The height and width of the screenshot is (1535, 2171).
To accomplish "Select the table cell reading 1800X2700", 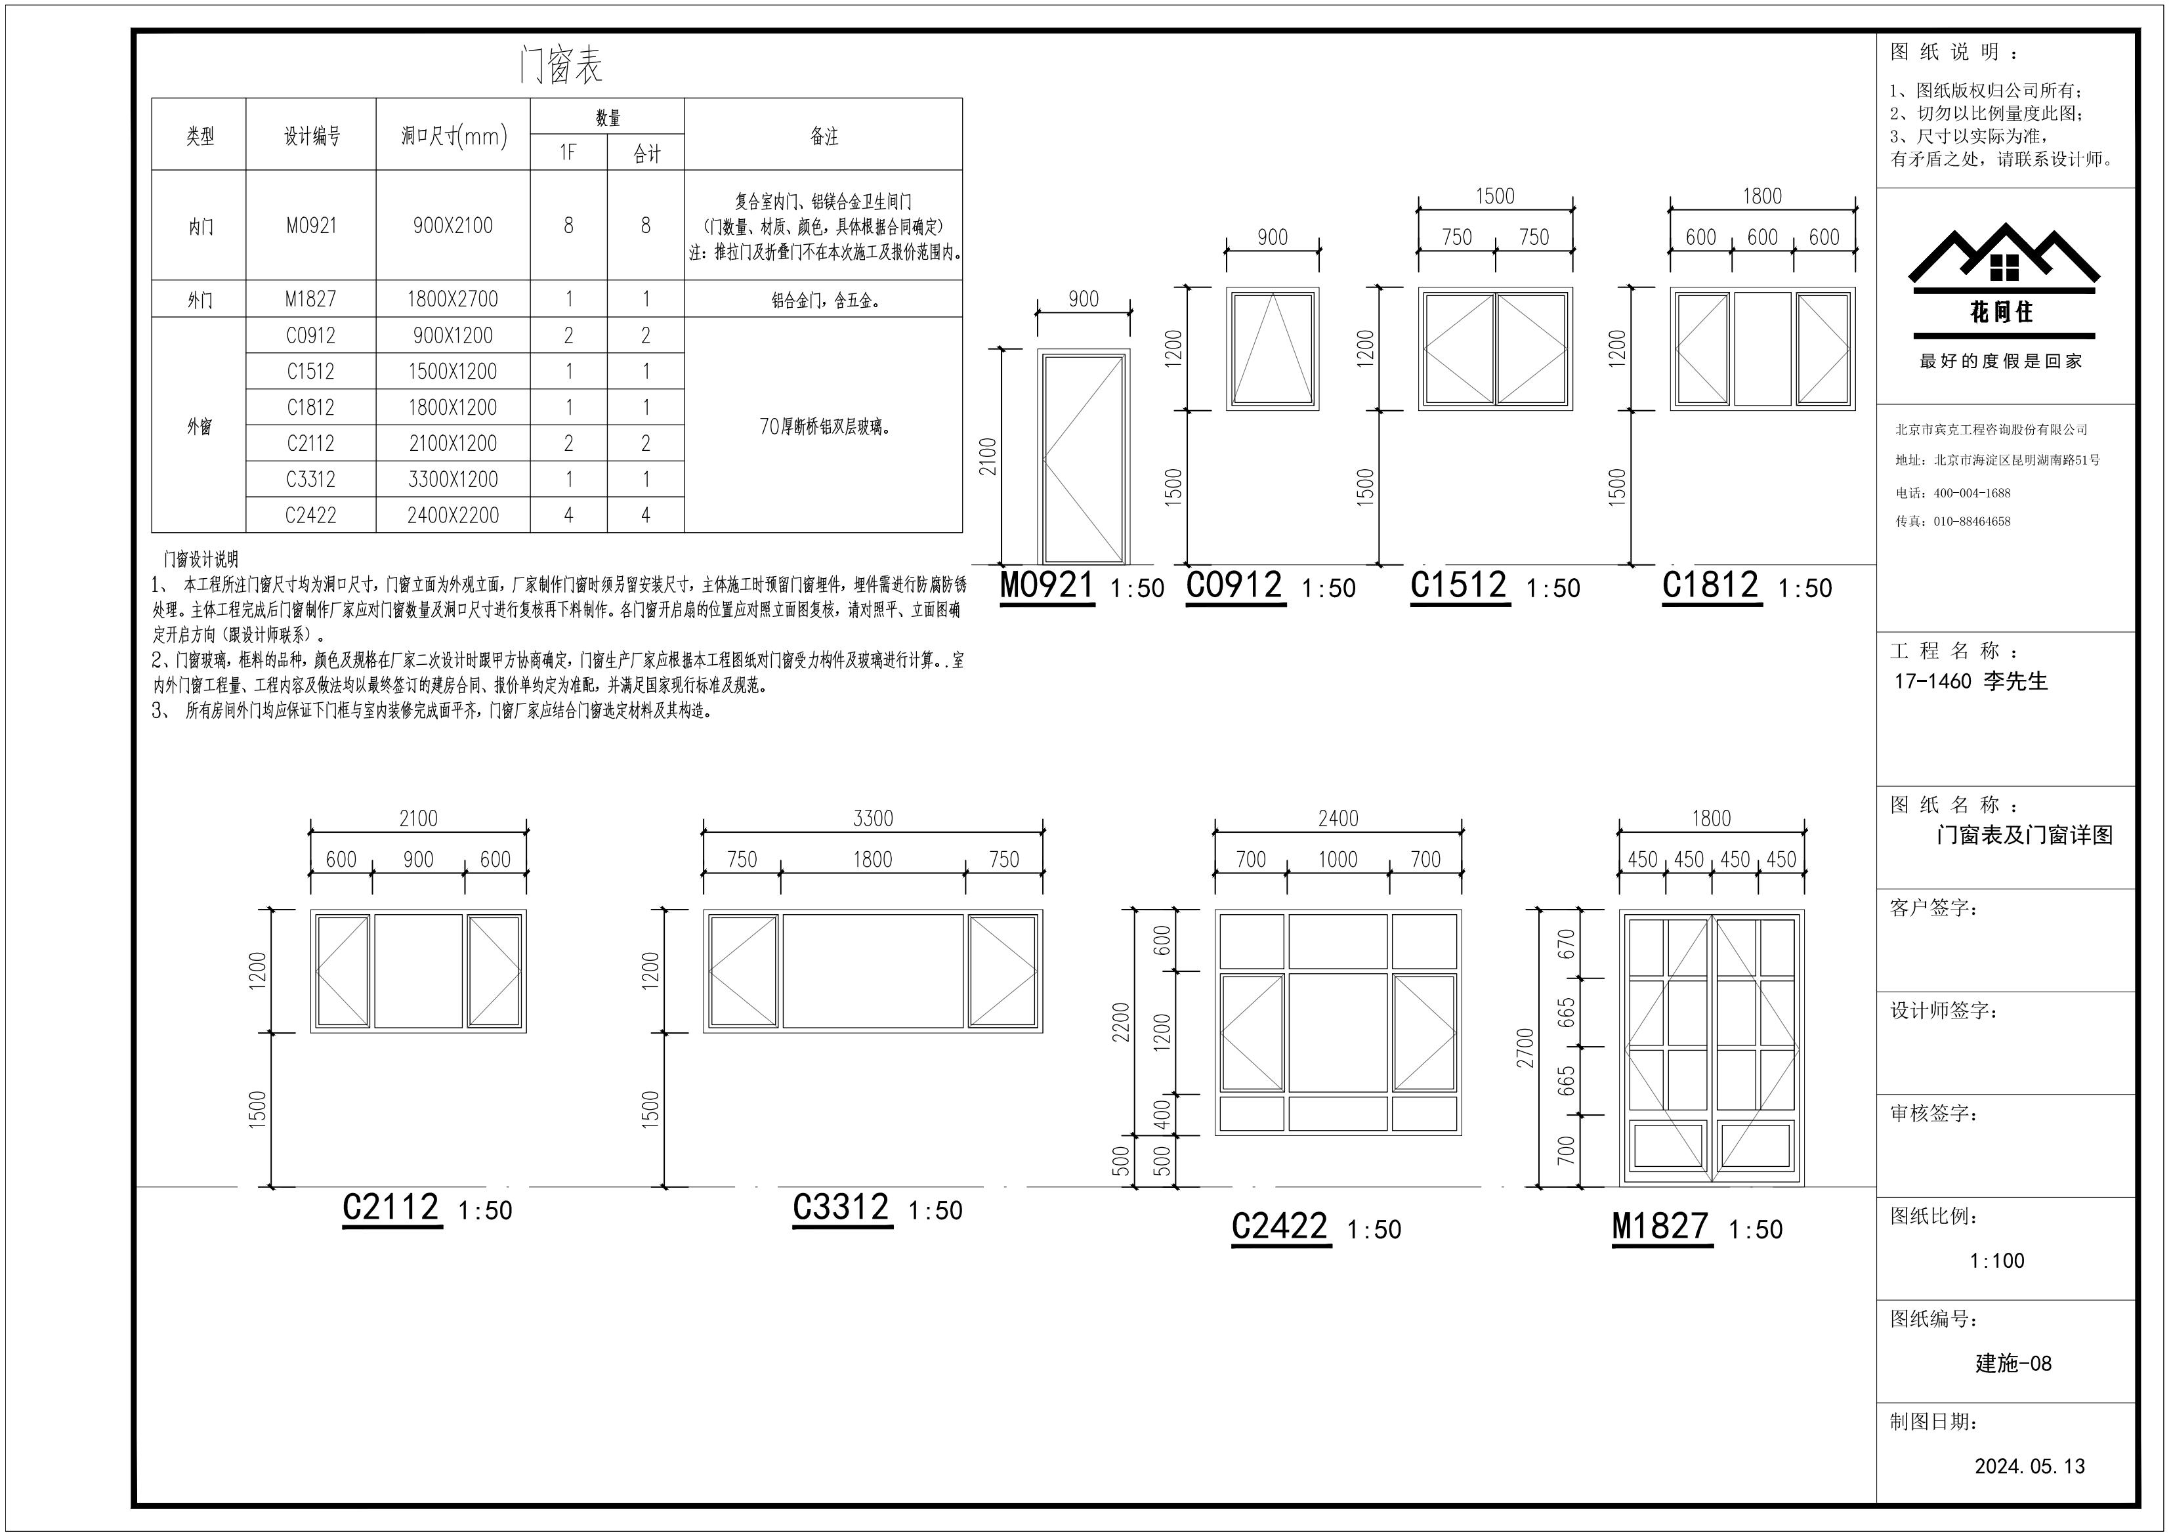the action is coord(452,299).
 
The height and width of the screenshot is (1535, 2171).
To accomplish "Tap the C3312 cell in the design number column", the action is coord(310,480).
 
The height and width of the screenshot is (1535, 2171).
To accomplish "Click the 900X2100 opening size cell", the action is coord(452,226).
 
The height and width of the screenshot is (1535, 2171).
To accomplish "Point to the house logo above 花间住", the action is coord(2004,253).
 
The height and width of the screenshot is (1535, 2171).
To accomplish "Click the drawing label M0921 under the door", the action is coord(1047,585).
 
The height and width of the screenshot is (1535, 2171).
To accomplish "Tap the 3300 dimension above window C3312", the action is coord(873,818).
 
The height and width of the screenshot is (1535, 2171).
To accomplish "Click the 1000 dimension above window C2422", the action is coord(1338,860).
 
